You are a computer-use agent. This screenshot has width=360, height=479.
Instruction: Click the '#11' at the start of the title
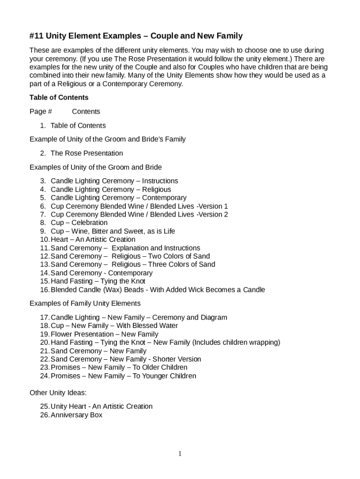pyautogui.click(x=37, y=36)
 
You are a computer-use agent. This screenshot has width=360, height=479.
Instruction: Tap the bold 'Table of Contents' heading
pyautogui.click(x=59, y=97)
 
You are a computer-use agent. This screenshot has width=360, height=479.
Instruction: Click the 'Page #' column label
pyautogui.click(x=41, y=111)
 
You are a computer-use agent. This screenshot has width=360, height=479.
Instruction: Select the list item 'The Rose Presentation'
pyautogui.click(x=86, y=153)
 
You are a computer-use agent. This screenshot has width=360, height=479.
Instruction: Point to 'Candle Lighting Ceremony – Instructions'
pyautogui.click(x=114, y=181)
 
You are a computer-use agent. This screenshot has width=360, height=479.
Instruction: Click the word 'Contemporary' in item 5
pyautogui.click(x=164, y=197)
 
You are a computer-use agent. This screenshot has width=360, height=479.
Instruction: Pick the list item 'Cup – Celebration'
pyautogui.click(x=79, y=223)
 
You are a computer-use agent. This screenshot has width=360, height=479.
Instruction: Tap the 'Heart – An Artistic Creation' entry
pyautogui.click(x=93, y=239)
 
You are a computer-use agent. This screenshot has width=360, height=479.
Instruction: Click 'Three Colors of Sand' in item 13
pyautogui.click(x=182, y=264)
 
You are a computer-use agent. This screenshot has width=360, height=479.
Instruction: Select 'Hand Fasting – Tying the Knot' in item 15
pyautogui.click(x=98, y=281)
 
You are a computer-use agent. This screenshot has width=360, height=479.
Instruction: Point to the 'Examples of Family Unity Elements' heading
pyautogui.click(x=85, y=303)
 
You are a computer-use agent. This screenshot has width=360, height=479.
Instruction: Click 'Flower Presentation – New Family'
pyautogui.click(x=104, y=334)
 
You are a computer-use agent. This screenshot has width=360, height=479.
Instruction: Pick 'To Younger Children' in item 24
pyautogui.click(x=165, y=376)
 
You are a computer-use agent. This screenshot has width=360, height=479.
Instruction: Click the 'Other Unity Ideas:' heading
pyautogui.click(x=58, y=392)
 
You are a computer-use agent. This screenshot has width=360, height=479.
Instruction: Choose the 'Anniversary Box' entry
pyautogui.click(x=76, y=415)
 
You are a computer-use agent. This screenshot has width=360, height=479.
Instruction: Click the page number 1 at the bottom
pyautogui.click(x=180, y=454)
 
